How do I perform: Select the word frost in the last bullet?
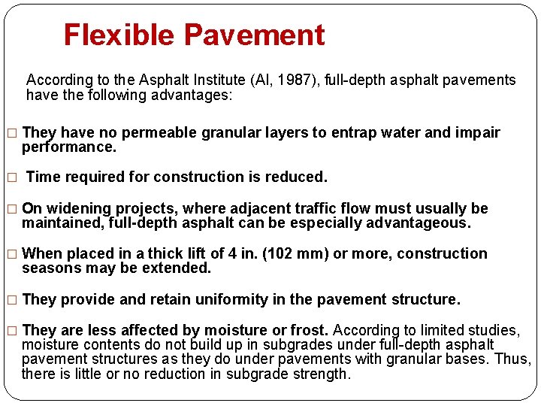tap(310, 330)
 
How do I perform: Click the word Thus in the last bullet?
tap(514, 359)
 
